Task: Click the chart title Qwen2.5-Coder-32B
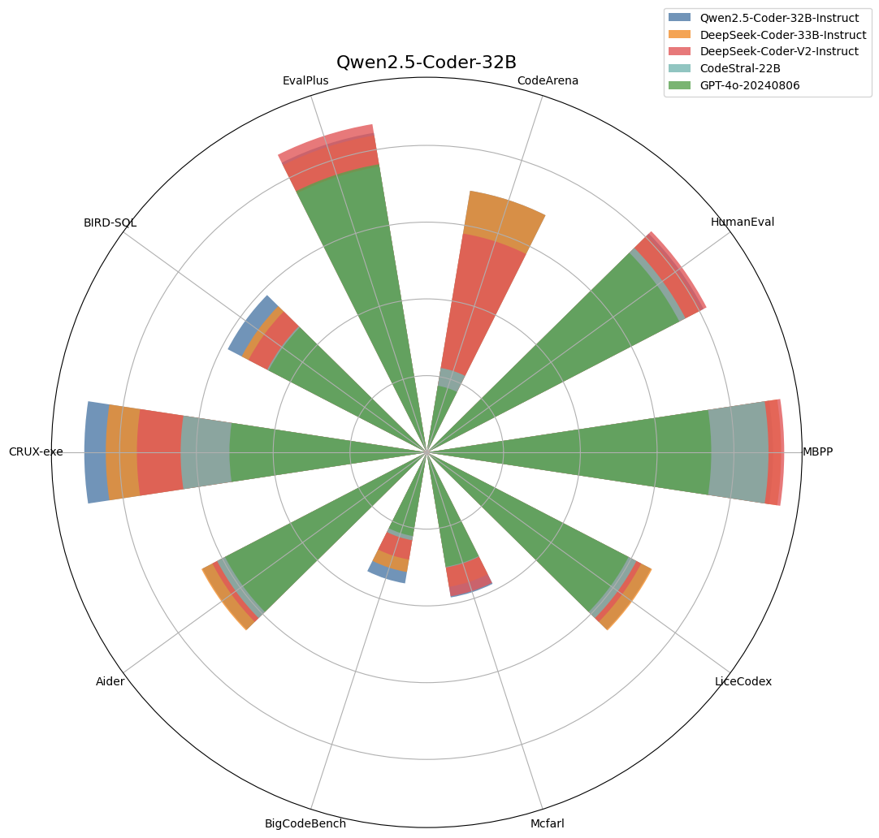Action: pos(427,63)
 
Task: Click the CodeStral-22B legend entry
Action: pos(740,68)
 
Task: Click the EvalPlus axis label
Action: pos(306,80)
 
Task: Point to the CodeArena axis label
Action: pos(548,80)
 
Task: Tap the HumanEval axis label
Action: pos(743,222)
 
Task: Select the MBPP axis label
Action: pos(817,451)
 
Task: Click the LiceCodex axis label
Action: pos(743,681)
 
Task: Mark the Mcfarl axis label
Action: pos(547,823)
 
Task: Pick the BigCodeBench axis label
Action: pos(305,823)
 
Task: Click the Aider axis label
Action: pos(110,681)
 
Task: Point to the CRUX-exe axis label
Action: pos(36,451)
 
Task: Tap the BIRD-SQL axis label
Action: pos(110,222)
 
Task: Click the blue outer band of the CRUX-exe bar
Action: pos(96,452)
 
